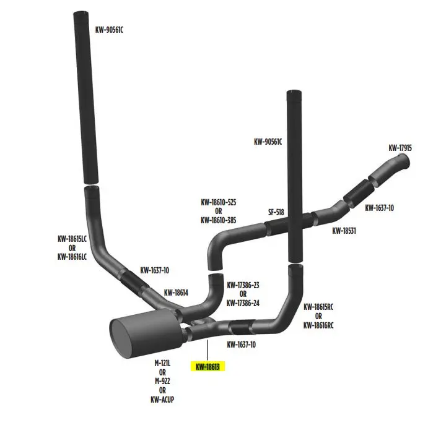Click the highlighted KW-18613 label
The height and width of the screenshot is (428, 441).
(x=207, y=366)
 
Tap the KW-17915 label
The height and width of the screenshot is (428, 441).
(x=400, y=148)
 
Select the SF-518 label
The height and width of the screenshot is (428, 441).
(x=276, y=212)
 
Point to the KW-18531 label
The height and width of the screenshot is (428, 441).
(x=344, y=231)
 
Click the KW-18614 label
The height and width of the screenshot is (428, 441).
(x=177, y=292)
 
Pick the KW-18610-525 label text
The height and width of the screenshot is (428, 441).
(x=218, y=202)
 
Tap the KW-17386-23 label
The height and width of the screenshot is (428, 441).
(x=243, y=285)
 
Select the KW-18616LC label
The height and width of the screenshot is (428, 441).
(x=72, y=256)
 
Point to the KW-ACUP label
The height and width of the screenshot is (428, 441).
(x=162, y=400)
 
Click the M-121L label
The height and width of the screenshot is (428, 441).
(x=162, y=363)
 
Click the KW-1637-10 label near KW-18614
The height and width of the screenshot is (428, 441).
(x=155, y=270)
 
